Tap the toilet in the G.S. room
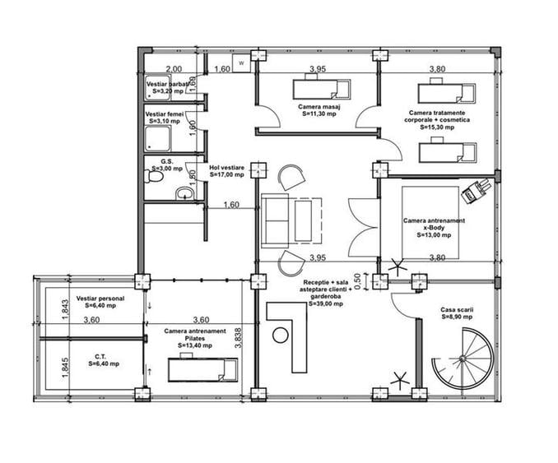coord(153,177)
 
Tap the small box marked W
coord(242,63)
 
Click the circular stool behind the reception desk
coord(281,334)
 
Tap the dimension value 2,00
coord(174,70)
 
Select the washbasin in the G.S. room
coord(184,194)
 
